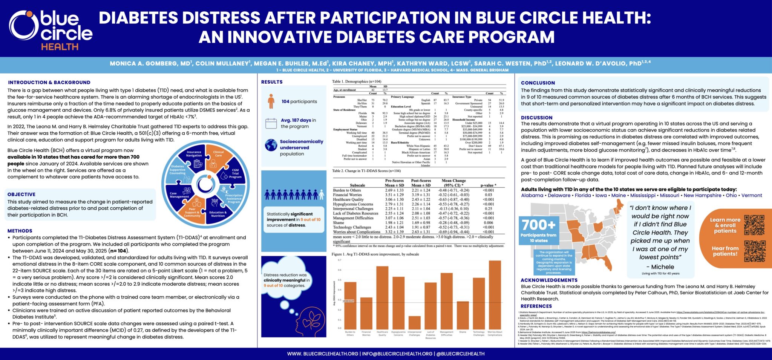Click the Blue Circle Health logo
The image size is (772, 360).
[51, 30]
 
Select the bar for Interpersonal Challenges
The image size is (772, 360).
[414, 322]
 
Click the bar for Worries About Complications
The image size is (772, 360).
[495, 294]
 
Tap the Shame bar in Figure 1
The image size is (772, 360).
[463, 315]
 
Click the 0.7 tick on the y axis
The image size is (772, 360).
[340, 260]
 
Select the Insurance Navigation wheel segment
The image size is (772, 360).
[194, 158]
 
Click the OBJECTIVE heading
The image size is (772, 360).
[21, 195]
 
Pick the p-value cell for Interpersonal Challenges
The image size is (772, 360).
[488, 208]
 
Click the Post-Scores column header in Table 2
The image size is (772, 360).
[421, 181]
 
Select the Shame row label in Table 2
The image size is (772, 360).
[338, 223]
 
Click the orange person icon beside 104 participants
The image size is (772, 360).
[271, 101]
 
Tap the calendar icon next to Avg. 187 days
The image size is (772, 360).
[271, 123]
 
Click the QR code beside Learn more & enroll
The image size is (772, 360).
[754, 225]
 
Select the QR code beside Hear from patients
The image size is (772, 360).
[754, 251]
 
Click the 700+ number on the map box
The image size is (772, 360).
[539, 225]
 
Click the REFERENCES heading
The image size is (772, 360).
[536, 306]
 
